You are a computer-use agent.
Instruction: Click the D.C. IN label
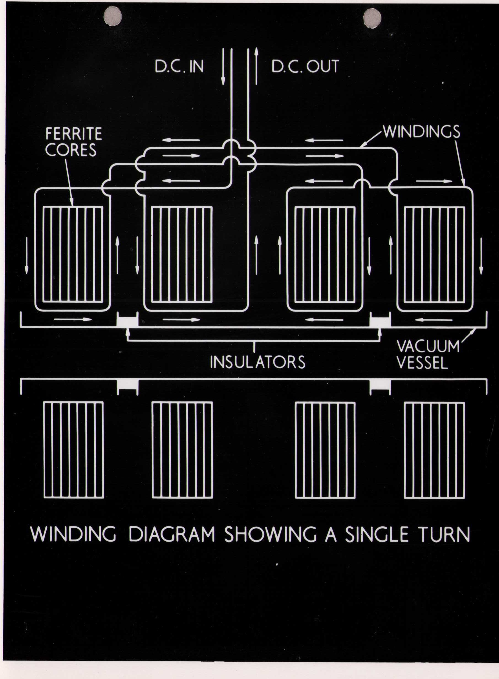point(179,66)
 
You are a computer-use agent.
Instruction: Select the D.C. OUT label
point(305,66)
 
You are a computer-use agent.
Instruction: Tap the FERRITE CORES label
point(73,142)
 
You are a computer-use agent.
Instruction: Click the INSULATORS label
point(257,362)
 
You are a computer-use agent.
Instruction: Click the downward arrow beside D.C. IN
point(223,66)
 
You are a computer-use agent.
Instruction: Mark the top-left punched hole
point(112,16)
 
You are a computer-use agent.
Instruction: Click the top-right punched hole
point(372,18)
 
